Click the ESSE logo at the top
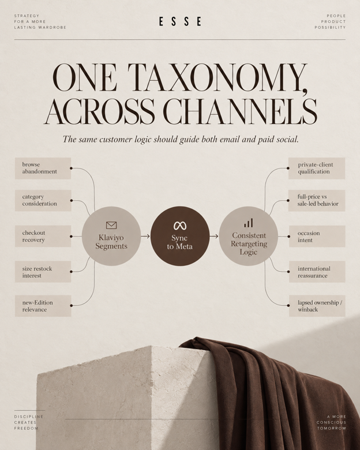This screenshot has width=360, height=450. pyautogui.click(x=180, y=21)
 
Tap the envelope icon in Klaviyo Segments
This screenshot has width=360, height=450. pyautogui.click(x=111, y=225)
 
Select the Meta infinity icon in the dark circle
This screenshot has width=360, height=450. pyautogui.click(x=180, y=226)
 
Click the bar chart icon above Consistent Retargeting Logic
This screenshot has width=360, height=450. pyautogui.click(x=249, y=223)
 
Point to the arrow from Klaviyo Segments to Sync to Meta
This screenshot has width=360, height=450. pyautogui.click(x=145, y=236)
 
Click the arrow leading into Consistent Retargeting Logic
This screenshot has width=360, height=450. pyautogui.click(x=214, y=236)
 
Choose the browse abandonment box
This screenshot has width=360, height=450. pyautogui.click(x=43, y=168)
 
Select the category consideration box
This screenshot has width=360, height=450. pyautogui.click(x=43, y=200)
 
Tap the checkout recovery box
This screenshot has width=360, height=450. pyautogui.click(x=43, y=236)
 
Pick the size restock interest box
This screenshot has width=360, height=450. pyautogui.click(x=43, y=272)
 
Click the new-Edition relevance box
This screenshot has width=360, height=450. pyautogui.click(x=43, y=306)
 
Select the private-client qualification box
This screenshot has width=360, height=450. pyautogui.click(x=317, y=168)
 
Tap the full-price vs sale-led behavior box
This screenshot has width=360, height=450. pyautogui.click(x=317, y=200)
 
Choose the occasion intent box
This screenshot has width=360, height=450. pyautogui.click(x=317, y=236)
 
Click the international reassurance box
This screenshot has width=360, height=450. pyautogui.click(x=317, y=272)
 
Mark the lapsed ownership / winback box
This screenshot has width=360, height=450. pyautogui.click(x=317, y=306)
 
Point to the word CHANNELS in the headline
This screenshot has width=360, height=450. pyautogui.click(x=240, y=111)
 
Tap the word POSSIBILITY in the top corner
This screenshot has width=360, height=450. pyautogui.click(x=330, y=27)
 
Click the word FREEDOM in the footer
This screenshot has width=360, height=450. pyautogui.click(x=26, y=428)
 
